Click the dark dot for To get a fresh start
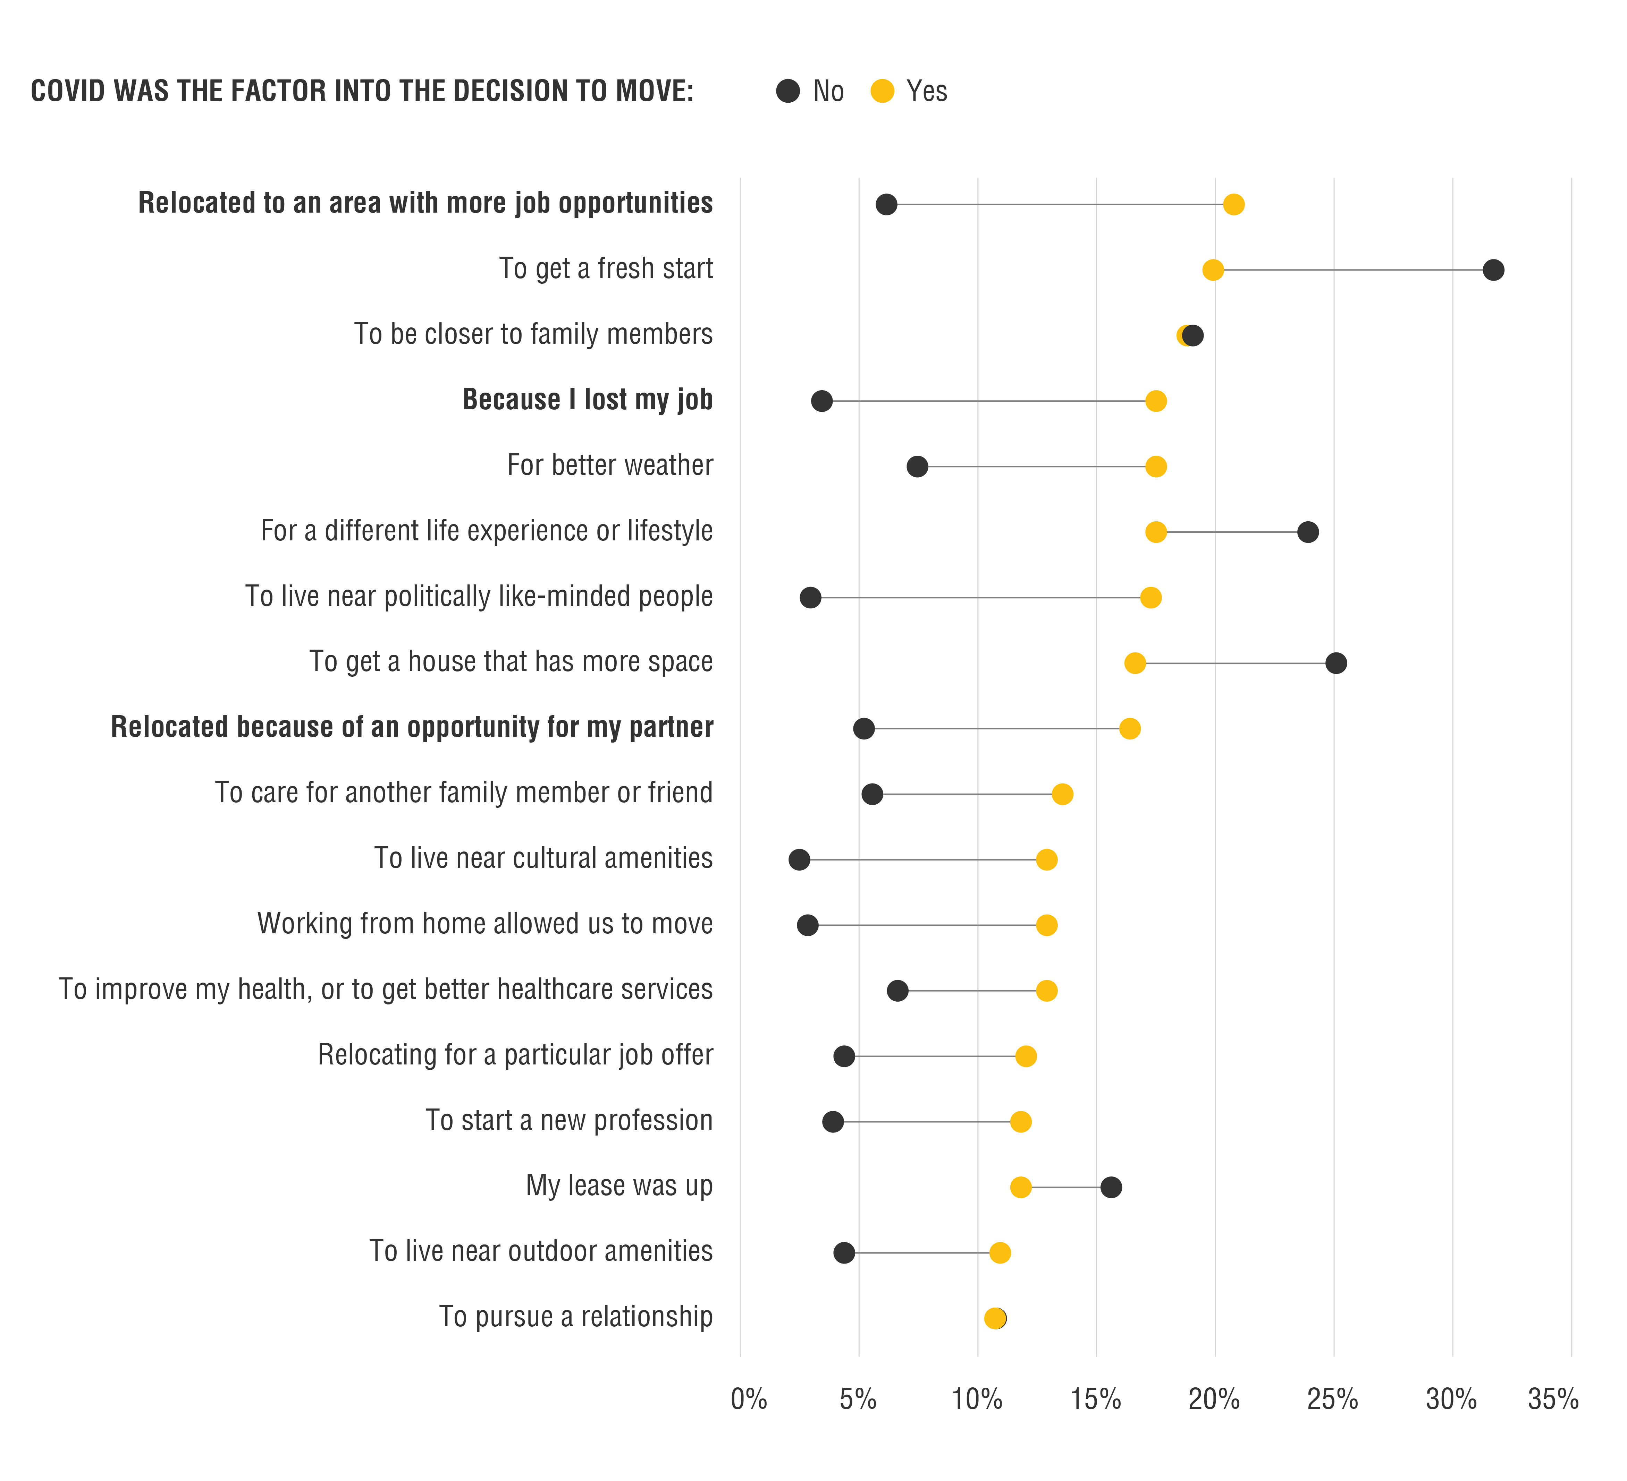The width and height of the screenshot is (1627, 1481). tap(1493, 270)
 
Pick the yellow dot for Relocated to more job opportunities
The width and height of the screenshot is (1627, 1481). tap(1233, 205)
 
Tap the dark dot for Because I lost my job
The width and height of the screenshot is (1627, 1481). tap(821, 401)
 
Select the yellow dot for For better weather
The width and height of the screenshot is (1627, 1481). tap(1156, 466)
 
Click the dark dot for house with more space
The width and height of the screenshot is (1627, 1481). tap(1336, 663)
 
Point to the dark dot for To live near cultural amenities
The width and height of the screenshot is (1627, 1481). tap(799, 860)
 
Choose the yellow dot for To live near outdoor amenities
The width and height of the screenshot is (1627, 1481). tap(1000, 1253)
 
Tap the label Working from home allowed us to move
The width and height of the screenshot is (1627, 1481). tap(485, 924)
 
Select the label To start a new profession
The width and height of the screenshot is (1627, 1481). tap(569, 1120)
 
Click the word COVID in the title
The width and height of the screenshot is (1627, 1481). tap(69, 91)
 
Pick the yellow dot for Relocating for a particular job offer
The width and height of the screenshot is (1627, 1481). tap(1026, 1056)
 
